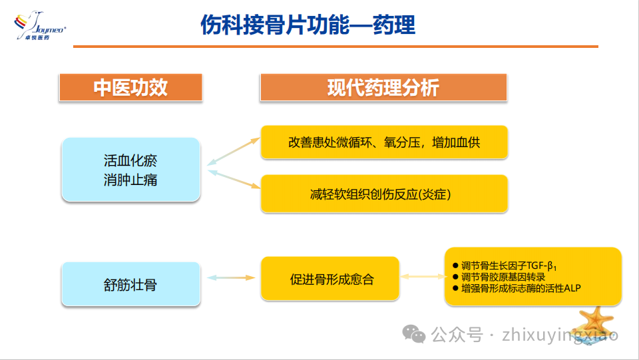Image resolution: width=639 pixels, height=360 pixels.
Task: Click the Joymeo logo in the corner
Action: [38, 26]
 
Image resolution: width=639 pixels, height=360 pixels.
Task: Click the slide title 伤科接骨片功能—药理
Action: [308, 25]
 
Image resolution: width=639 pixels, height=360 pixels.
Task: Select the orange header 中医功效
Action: [130, 88]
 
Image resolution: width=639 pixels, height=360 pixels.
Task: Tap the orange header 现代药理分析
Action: [383, 88]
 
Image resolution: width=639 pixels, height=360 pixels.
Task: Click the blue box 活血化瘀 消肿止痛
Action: [130, 170]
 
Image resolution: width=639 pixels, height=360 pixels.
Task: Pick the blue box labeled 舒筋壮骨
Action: [130, 284]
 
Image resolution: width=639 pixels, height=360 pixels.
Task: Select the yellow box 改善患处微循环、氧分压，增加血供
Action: [384, 142]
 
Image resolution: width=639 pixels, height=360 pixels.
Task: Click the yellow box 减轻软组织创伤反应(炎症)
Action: [384, 194]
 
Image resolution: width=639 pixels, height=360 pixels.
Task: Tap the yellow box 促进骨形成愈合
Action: [331, 279]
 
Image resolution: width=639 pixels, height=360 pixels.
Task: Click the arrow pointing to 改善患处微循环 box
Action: [234, 150]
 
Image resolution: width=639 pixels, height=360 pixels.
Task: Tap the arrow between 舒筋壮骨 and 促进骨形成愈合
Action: [231, 277]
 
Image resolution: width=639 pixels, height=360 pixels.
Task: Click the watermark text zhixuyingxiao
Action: [562, 334]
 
